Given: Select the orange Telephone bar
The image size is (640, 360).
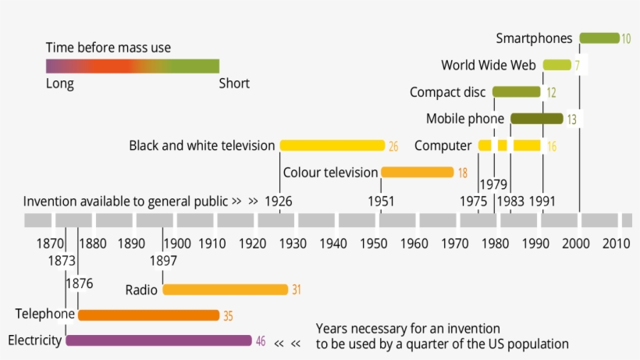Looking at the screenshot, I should coord(148,315).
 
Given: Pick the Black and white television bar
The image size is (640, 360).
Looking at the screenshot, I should coord(332,145).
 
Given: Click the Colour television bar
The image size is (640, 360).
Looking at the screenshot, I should coord(417,172).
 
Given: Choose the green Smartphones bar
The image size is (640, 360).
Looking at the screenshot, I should coord(599,37).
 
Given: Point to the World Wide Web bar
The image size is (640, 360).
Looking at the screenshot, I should coord(556,65).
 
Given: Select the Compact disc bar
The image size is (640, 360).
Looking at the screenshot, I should coord(516,92).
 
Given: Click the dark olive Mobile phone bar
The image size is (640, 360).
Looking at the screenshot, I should coord(536,119).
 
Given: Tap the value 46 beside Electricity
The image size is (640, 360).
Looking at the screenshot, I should coord(261,341).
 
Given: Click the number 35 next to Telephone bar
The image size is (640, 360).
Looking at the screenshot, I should coord(228,315).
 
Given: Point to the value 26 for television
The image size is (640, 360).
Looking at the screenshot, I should coord(393,146).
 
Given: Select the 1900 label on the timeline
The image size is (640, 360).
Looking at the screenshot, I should coord(176,243).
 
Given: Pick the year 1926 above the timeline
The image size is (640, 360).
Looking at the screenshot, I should coord(279,201).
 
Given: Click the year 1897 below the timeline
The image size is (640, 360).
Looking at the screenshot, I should coord(162,259).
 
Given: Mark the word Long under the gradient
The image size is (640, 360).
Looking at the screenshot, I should coord(60,84).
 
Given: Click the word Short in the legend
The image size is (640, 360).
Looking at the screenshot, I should coord(234,84).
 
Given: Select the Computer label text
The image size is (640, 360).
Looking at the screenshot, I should coord(443,145).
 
